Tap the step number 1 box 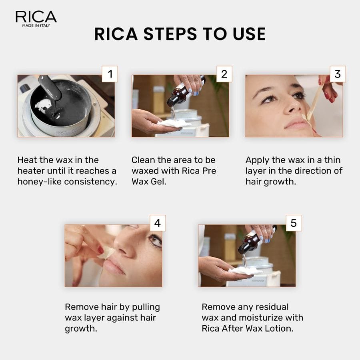coord(110,74)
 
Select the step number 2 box coord(224,74)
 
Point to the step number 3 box coord(338,74)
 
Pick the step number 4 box coord(157,223)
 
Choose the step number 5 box coord(294,223)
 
